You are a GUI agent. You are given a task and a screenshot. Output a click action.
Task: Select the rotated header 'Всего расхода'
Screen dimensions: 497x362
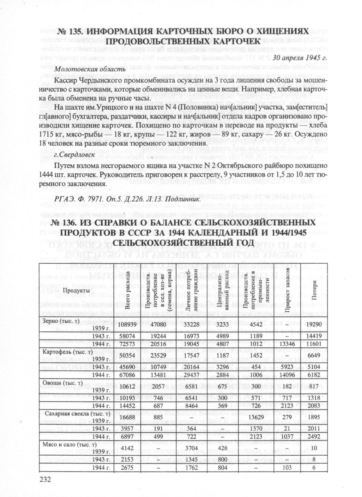tap(128, 290)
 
